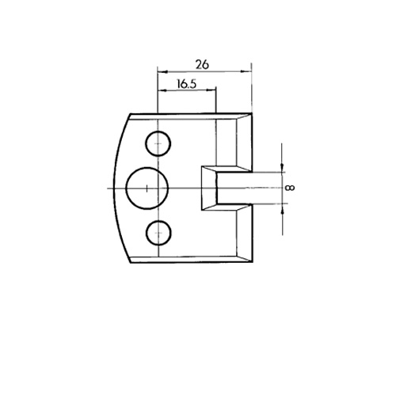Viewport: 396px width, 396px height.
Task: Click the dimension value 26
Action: point(202,64)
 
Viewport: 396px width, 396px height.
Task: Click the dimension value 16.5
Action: point(187,84)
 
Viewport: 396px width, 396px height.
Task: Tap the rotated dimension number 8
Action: point(290,188)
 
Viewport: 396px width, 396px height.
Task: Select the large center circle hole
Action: point(147,188)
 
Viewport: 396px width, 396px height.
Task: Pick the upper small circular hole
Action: point(158,143)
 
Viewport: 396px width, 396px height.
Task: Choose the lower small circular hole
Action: point(158,233)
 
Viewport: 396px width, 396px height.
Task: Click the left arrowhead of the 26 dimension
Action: point(162,71)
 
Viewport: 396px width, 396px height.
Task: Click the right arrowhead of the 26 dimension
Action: point(246,71)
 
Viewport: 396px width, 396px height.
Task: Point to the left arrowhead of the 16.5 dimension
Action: point(162,90)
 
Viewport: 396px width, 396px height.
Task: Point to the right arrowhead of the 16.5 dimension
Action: point(211,90)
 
